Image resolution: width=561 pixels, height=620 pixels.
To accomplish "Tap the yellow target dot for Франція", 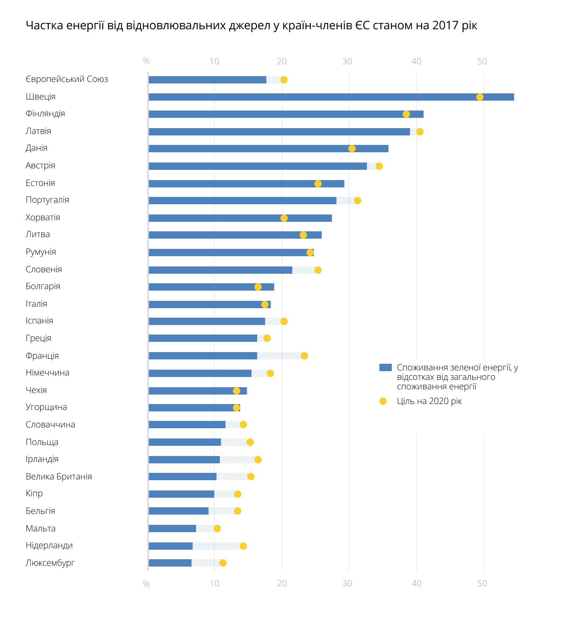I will click(304, 356).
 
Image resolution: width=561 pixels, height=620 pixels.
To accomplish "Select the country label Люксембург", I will click(50, 563).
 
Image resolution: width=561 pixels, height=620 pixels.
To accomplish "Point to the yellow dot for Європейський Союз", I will click(284, 80).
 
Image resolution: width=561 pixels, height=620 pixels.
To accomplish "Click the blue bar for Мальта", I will click(172, 529).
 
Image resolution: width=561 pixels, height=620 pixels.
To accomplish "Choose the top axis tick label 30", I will click(347, 61).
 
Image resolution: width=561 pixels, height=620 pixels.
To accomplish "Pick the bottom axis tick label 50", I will click(482, 583).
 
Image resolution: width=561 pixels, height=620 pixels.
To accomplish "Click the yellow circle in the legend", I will click(383, 401).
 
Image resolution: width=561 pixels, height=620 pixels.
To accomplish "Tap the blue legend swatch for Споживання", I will click(386, 367).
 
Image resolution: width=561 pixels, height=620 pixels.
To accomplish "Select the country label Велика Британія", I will click(59, 477).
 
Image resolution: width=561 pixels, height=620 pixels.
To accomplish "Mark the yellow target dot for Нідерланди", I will click(243, 546).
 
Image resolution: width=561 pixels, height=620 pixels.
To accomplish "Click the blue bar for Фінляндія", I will click(286, 114).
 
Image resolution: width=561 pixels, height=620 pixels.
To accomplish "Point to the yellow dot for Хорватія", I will click(284, 218).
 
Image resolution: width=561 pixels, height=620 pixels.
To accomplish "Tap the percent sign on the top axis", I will click(146, 61).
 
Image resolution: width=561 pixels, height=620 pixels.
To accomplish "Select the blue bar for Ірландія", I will click(184, 460).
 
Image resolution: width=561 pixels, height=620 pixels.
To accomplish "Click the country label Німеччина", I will click(47, 373).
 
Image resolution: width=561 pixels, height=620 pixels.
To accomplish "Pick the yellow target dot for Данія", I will click(352, 149).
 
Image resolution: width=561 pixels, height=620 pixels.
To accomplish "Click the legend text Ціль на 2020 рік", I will click(429, 401).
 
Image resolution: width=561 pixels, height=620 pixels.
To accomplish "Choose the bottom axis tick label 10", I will click(214, 583).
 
